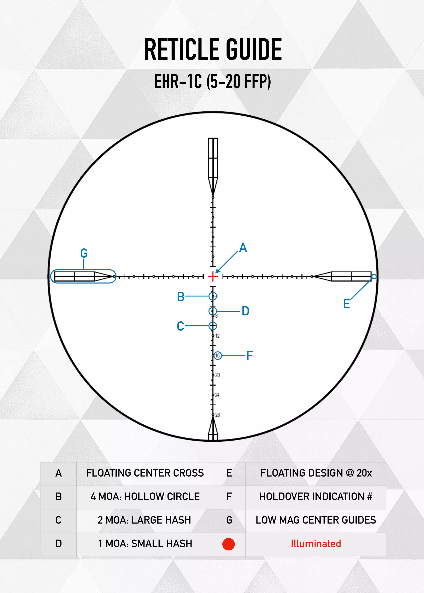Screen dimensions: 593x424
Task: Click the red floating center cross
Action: click(x=213, y=276)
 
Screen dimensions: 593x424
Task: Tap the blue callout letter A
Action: click(x=243, y=247)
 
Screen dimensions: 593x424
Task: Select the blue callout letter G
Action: click(x=84, y=253)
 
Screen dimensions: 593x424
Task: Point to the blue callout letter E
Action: click(x=346, y=304)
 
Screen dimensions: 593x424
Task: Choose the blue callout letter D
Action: click(x=245, y=311)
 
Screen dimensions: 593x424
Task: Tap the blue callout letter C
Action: click(x=180, y=326)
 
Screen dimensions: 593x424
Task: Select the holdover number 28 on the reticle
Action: click(x=217, y=415)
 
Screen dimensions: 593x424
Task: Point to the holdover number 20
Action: click(x=217, y=375)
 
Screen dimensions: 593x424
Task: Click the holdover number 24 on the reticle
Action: click(x=217, y=395)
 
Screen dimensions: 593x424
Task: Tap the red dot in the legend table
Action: click(x=228, y=544)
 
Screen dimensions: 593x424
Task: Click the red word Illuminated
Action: click(x=316, y=544)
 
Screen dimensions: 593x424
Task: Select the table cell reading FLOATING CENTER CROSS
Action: click(x=145, y=473)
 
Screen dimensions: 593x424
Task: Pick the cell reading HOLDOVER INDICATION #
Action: click(x=316, y=497)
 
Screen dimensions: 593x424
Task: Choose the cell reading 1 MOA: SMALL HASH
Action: click(x=145, y=544)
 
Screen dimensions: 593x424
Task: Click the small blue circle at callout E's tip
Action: click(x=374, y=276)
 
